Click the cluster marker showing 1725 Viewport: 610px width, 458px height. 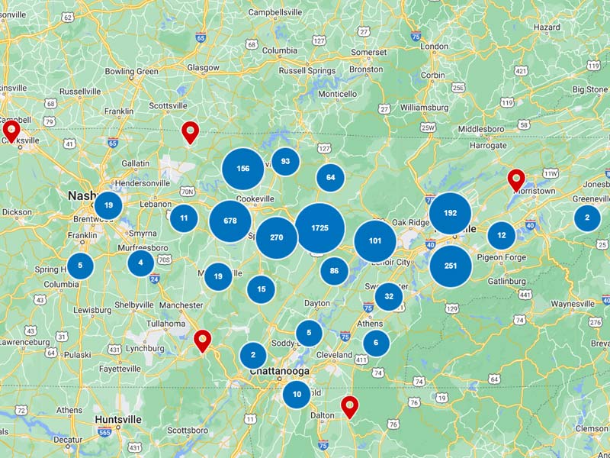(319, 228)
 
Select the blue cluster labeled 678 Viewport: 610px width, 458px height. (230, 221)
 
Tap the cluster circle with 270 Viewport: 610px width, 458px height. (276, 237)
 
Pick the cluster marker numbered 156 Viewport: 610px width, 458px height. (243, 169)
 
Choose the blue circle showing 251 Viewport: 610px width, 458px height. (450, 266)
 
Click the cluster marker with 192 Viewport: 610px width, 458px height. (450, 213)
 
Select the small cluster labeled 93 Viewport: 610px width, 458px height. (285, 161)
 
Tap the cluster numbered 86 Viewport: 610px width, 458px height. (334, 271)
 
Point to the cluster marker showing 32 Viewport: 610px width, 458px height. (389, 296)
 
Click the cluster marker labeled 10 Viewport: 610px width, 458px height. (297, 395)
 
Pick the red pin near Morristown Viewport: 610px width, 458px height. (516, 180)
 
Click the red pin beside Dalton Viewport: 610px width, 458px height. (349, 406)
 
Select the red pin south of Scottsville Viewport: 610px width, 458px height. (190, 132)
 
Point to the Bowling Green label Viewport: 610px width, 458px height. (131, 72)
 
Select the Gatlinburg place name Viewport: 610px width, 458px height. (506, 281)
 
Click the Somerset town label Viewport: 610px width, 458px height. (369, 52)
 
